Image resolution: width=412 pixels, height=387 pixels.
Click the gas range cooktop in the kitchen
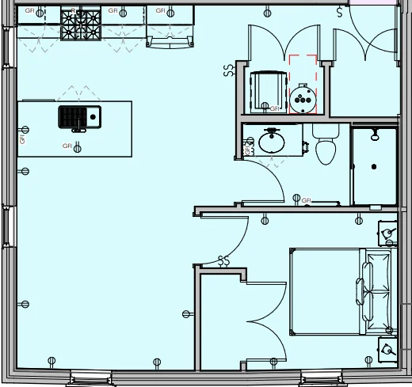[x=80, y=25]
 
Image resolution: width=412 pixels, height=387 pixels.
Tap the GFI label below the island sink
[x=67, y=146]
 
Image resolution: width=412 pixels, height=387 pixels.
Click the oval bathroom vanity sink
[x=273, y=142]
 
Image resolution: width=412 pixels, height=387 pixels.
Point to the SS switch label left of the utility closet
[x=229, y=70]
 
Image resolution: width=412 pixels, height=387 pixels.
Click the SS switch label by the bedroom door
[x=223, y=260]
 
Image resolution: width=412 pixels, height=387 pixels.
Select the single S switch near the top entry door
[x=340, y=13]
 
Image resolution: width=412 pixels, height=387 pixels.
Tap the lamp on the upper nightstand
[x=387, y=233]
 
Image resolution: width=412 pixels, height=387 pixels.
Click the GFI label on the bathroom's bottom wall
[x=307, y=200]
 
